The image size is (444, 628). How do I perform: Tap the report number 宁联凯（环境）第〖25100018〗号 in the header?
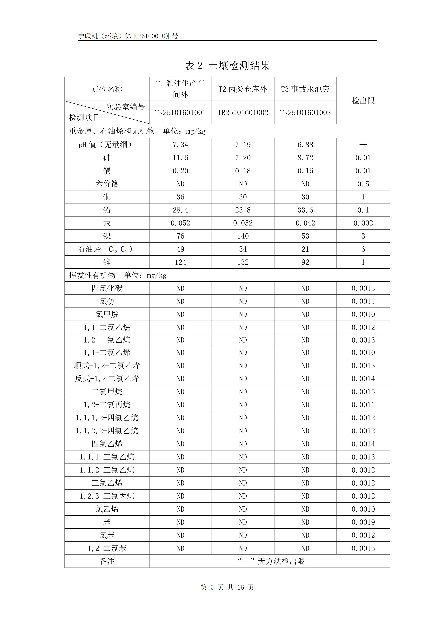click(128, 36)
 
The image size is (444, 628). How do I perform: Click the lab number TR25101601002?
click(243, 112)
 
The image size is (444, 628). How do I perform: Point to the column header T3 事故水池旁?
click(305, 89)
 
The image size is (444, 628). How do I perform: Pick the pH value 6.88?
click(305, 145)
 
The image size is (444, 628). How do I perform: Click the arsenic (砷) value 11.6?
click(180, 158)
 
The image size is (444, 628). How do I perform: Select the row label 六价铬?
click(107, 184)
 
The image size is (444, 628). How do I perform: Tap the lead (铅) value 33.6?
click(305, 210)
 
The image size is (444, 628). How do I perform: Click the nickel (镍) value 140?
click(243, 236)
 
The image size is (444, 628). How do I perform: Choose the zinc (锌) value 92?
click(305, 262)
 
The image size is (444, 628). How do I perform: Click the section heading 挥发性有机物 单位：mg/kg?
click(118, 275)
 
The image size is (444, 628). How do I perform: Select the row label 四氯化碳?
click(107, 288)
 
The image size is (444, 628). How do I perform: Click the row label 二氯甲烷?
click(107, 392)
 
